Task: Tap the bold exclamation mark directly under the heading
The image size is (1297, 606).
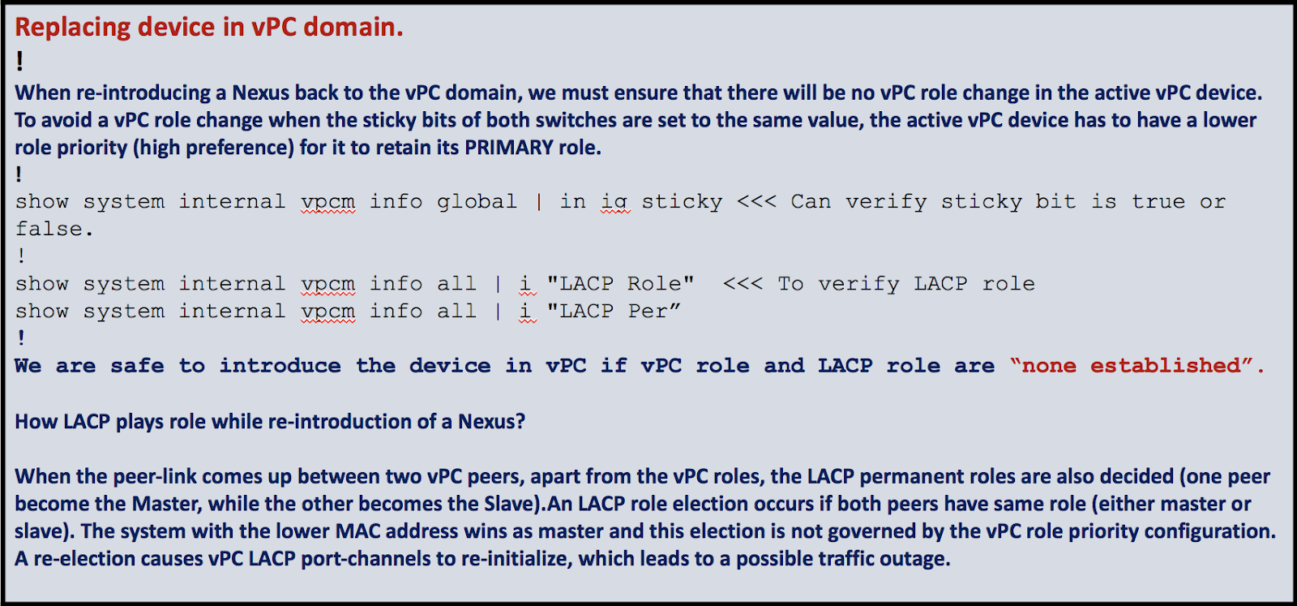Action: pyautogui.click(x=19, y=62)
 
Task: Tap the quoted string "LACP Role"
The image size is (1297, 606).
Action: pyautogui.click(x=620, y=284)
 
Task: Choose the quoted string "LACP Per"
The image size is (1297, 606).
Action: pyautogui.click(x=614, y=312)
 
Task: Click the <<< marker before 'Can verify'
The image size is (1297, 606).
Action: pyautogui.click(x=756, y=201)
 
